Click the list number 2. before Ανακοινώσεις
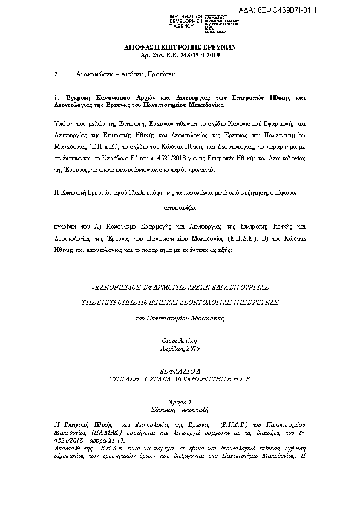coord(57,74)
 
